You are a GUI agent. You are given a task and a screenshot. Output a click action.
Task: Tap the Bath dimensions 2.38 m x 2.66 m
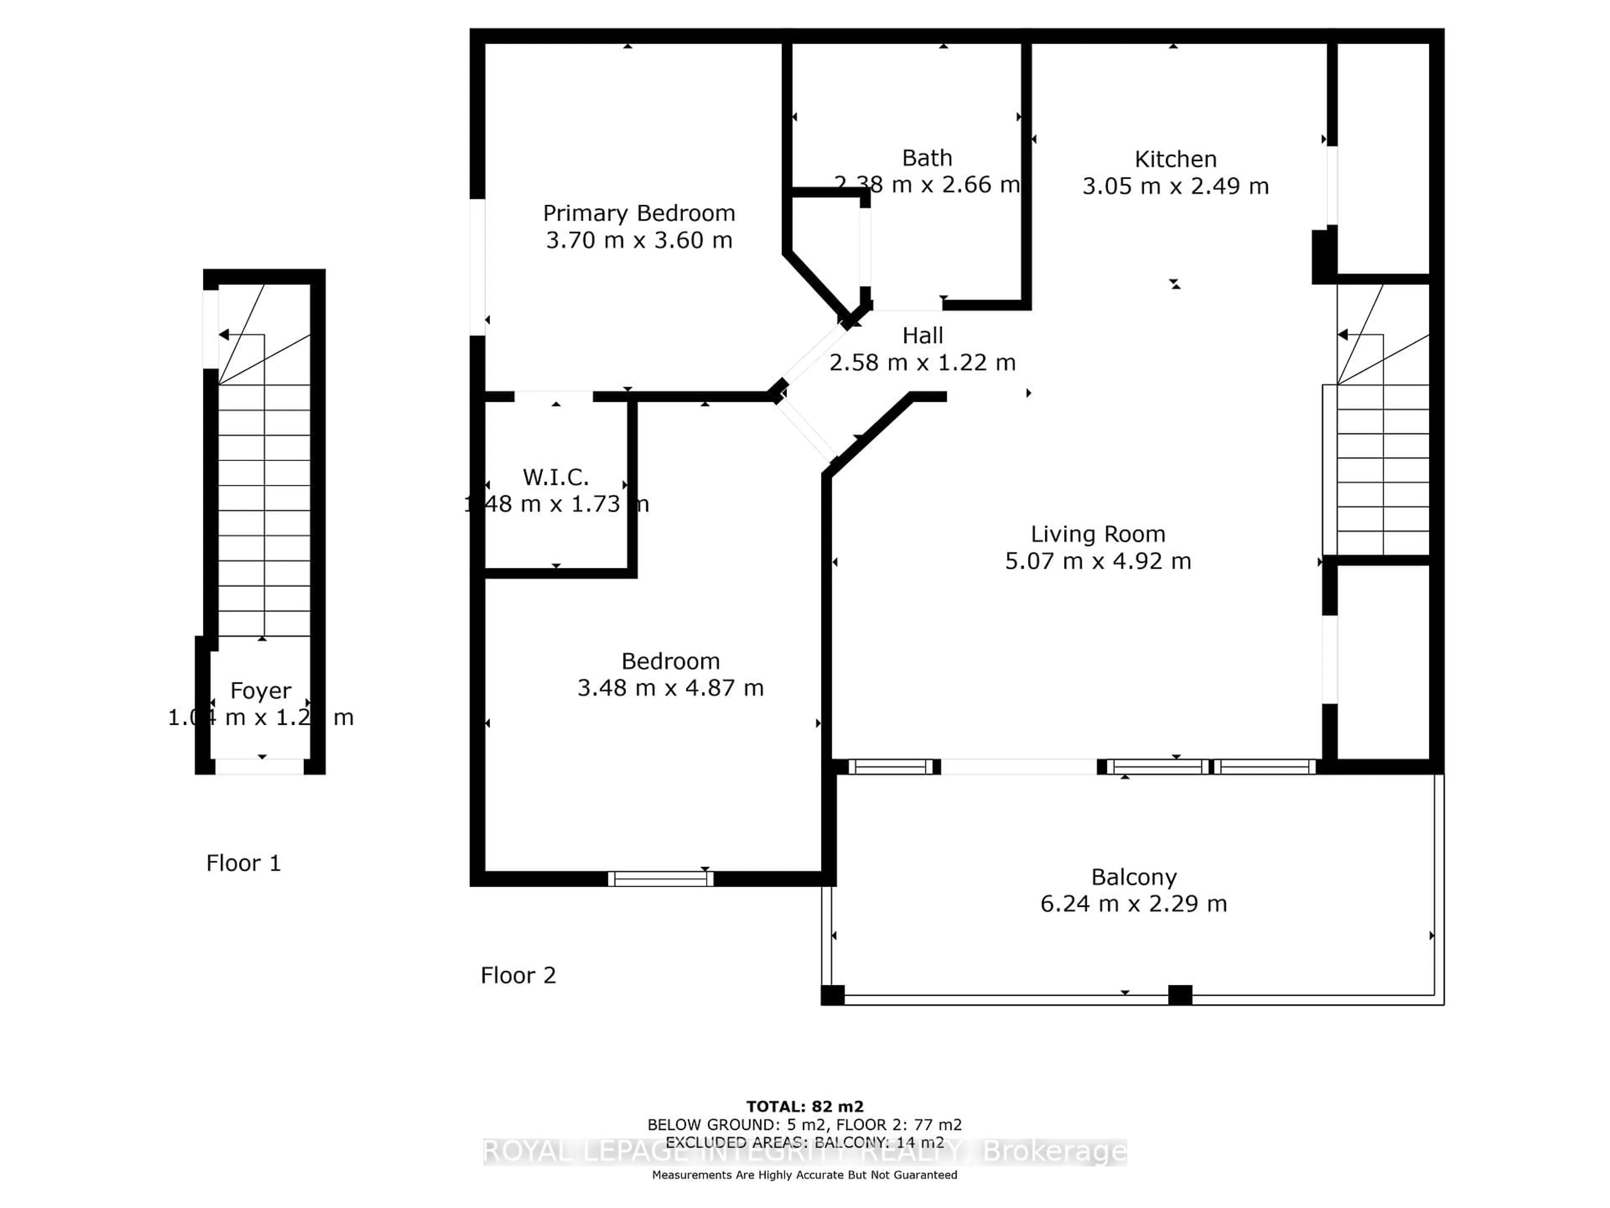tap(927, 185)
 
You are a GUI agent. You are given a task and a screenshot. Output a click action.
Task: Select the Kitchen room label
tap(1175, 159)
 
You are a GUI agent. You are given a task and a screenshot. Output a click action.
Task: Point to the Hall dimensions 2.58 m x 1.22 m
tap(922, 363)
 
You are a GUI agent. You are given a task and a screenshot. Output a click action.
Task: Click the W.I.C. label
tap(556, 478)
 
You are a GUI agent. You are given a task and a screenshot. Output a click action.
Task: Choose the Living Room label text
tap(1098, 534)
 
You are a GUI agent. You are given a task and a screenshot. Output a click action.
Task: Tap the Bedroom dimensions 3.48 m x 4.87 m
tap(670, 688)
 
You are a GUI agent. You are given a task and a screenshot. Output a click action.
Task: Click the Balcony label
tap(1133, 877)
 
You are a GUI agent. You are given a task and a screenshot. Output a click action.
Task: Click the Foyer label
tap(260, 690)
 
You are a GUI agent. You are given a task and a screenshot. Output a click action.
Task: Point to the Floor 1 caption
tap(243, 864)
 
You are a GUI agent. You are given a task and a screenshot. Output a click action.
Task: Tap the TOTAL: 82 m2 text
tap(804, 1107)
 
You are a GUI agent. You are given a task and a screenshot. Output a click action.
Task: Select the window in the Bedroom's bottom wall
tap(660, 879)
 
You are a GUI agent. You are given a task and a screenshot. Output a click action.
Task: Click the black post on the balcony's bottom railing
tap(1180, 995)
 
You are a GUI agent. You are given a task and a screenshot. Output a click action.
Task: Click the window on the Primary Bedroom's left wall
tap(478, 266)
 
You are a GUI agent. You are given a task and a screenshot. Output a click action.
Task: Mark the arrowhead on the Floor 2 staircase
tap(1343, 334)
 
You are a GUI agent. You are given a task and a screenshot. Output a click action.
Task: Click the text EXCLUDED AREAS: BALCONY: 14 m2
tap(804, 1143)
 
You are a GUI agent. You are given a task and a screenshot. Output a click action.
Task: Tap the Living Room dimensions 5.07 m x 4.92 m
tap(1098, 561)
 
